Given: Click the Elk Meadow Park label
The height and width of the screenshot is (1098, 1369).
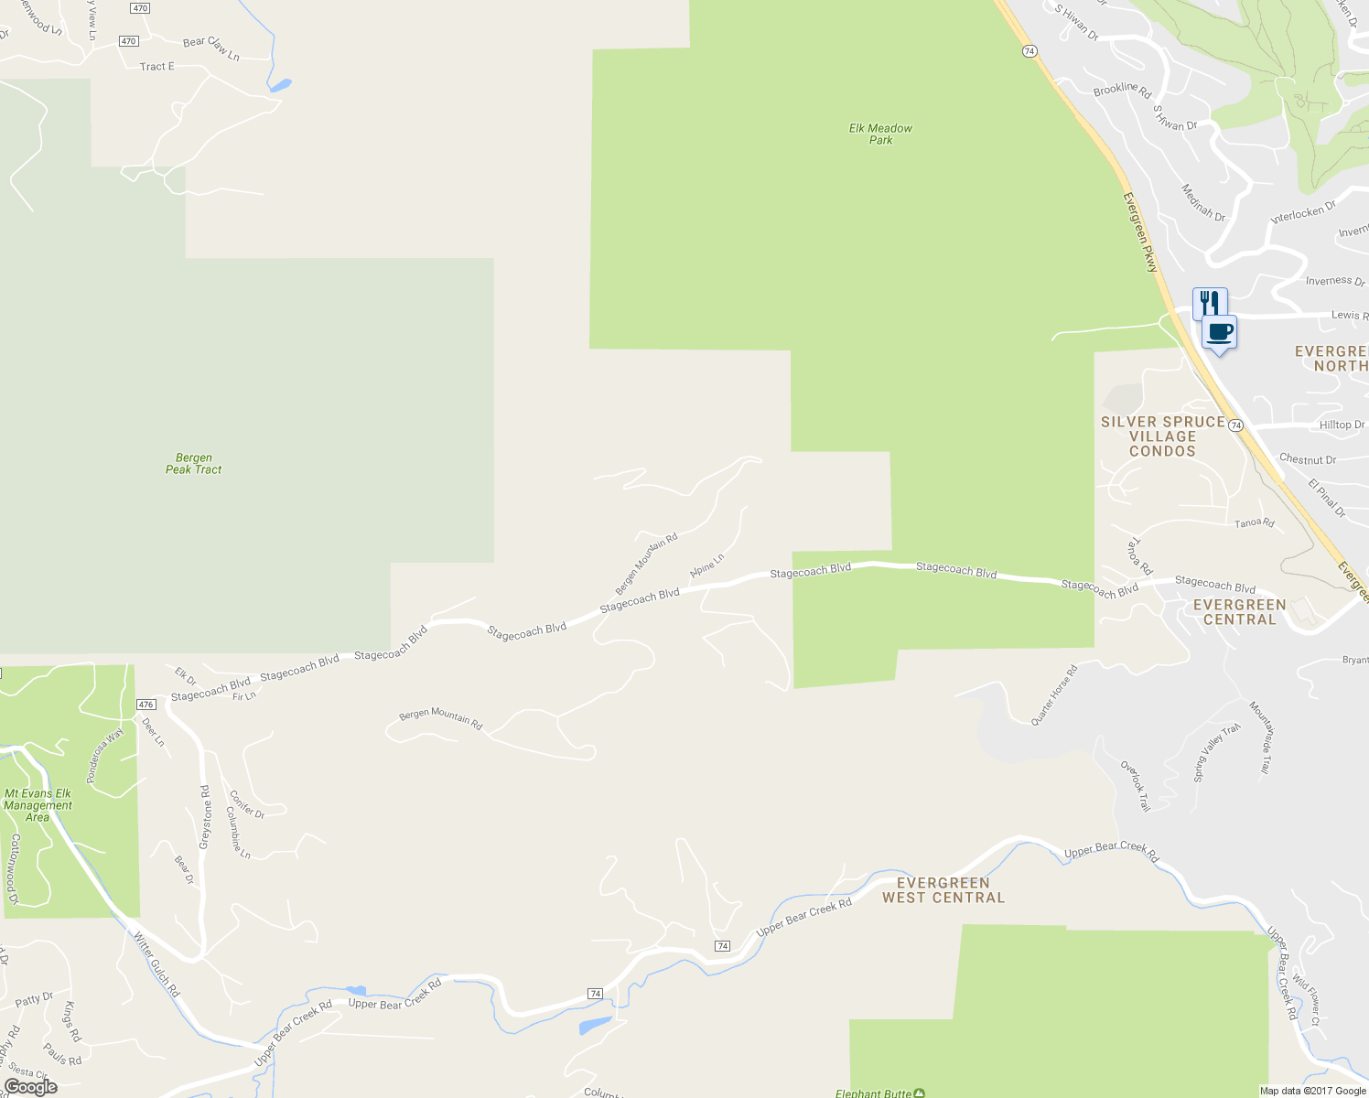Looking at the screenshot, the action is pyautogui.click(x=880, y=135).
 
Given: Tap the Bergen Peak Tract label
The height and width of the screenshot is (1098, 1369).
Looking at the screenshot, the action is pyautogui.click(x=193, y=464).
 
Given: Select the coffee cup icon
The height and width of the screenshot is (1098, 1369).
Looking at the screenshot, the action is pyautogui.click(x=1219, y=332).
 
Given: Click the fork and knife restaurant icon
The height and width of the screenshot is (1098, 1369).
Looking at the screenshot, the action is pyautogui.click(x=1209, y=302).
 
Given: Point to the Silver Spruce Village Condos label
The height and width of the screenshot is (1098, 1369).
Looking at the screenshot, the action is pyautogui.click(x=1162, y=436).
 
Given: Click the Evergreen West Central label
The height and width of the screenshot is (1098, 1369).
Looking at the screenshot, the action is pyautogui.click(x=943, y=890).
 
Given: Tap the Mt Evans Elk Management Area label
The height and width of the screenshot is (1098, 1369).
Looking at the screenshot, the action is pyautogui.click(x=38, y=805).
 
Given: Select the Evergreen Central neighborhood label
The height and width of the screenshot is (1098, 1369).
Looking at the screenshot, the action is pyautogui.click(x=1239, y=612).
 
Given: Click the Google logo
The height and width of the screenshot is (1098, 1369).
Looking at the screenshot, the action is pyautogui.click(x=30, y=1087).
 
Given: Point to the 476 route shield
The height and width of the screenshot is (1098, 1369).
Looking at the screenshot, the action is pyautogui.click(x=146, y=705).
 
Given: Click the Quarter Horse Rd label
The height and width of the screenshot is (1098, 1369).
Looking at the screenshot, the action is pyautogui.click(x=1054, y=695).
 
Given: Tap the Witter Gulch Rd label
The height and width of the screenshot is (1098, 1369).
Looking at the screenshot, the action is pyautogui.click(x=156, y=964).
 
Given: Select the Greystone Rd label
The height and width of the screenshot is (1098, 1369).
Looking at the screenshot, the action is pyautogui.click(x=206, y=816).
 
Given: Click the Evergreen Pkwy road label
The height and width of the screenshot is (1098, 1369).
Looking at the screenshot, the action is pyautogui.click(x=1141, y=232).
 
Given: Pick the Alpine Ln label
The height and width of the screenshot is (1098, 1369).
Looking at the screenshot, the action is pyautogui.click(x=707, y=565).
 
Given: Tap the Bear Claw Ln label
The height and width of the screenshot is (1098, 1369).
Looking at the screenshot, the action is pyautogui.click(x=211, y=48).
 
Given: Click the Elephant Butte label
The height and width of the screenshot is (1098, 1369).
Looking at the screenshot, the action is pyautogui.click(x=874, y=1093).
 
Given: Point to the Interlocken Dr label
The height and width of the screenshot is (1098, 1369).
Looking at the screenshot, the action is pyautogui.click(x=1303, y=212).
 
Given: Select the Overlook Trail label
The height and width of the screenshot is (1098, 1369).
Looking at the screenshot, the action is pyautogui.click(x=1136, y=786).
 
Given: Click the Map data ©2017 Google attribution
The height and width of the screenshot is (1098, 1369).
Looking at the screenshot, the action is pyautogui.click(x=1312, y=1091).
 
